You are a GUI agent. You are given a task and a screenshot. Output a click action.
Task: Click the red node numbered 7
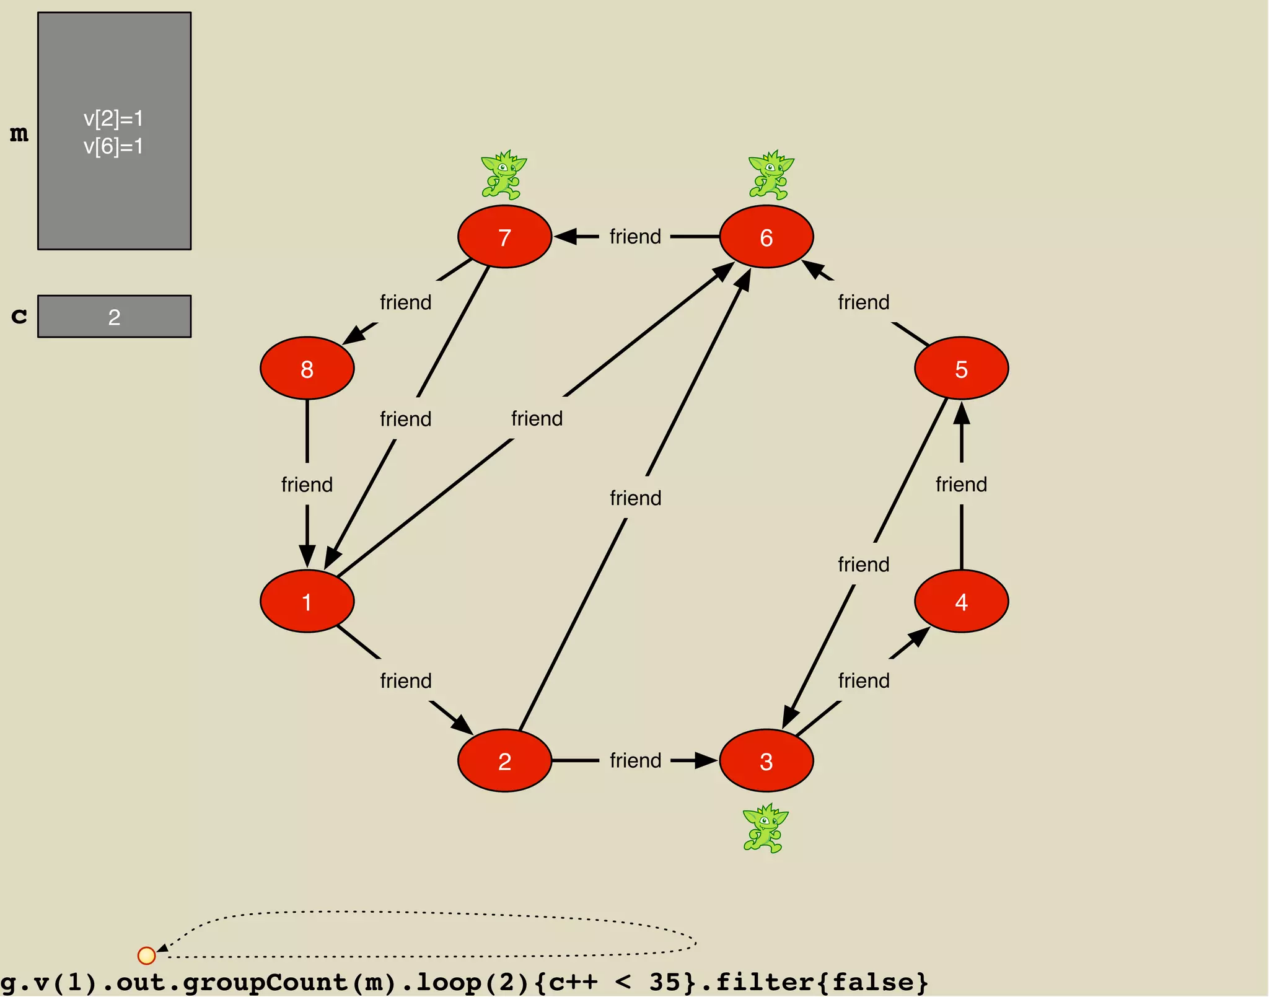coord(504,237)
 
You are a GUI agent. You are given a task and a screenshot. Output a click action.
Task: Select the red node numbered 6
coord(766,237)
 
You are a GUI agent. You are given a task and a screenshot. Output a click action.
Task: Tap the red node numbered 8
coord(307,369)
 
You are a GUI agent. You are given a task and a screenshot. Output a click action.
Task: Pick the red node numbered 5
coord(961,369)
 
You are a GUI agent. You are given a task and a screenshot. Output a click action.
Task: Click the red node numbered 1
coord(307,601)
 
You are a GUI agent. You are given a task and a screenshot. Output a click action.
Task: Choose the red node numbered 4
coord(961,601)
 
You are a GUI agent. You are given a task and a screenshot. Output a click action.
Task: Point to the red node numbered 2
coord(504,760)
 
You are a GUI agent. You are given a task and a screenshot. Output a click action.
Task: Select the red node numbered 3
coord(766,760)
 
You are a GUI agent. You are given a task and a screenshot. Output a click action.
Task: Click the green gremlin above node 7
coord(503,175)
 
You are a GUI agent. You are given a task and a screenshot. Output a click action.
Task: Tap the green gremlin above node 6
coord(770,175)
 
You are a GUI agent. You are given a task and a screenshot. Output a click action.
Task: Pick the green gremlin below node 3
coord(765,828)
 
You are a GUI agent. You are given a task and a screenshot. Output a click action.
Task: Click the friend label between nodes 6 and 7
coord(635,237)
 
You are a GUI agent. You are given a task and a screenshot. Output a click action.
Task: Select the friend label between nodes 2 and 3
coord(635,760)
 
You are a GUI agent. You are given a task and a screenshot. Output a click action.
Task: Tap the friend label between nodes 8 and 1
coord(307,484)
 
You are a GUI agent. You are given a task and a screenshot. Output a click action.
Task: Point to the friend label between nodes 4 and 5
coord(961,484)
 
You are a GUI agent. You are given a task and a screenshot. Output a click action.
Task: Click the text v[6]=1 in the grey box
coord(113,147)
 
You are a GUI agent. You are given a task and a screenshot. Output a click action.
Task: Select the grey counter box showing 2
coord(115,317)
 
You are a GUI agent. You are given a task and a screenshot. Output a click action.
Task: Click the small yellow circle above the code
coord(146,955)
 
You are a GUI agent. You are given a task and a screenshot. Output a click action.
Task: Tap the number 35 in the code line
coord(665,982)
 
